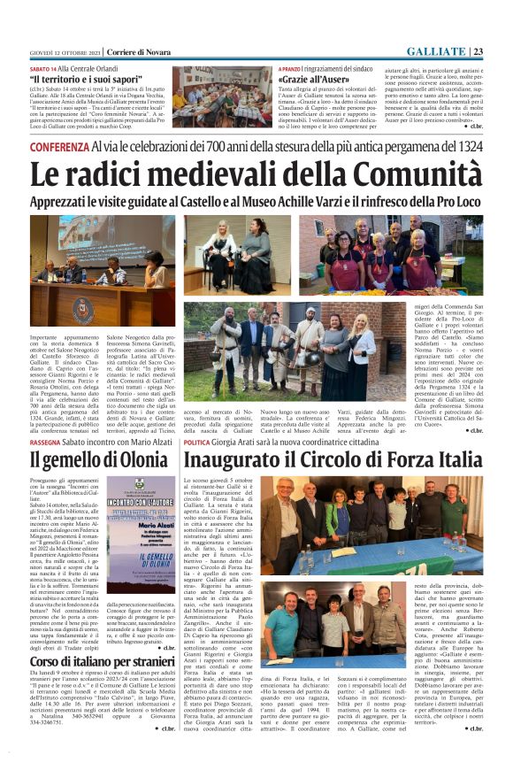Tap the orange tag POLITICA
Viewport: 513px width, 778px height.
point(203,443)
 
